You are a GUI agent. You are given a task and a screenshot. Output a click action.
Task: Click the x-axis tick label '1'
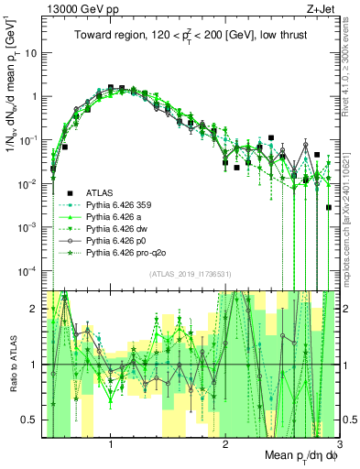111,444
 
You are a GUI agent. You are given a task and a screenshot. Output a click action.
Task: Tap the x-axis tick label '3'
338,444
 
